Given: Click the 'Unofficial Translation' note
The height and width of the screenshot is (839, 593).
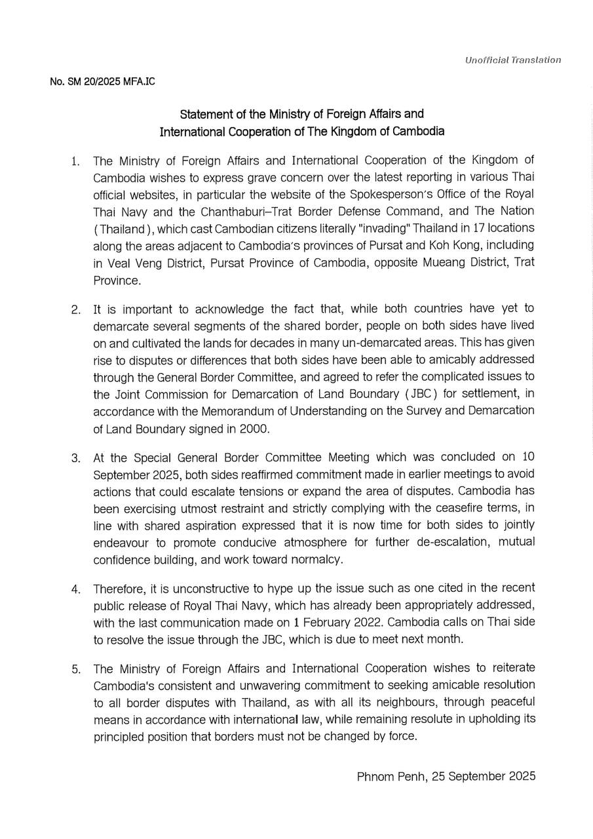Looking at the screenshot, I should coord(512,60).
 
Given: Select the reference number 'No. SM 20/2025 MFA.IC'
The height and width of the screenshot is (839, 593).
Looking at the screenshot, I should coord(102,82).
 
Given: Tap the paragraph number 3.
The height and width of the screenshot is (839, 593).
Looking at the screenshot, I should coord(75,458).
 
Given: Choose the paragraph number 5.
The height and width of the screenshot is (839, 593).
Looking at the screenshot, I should coord(75,669).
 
